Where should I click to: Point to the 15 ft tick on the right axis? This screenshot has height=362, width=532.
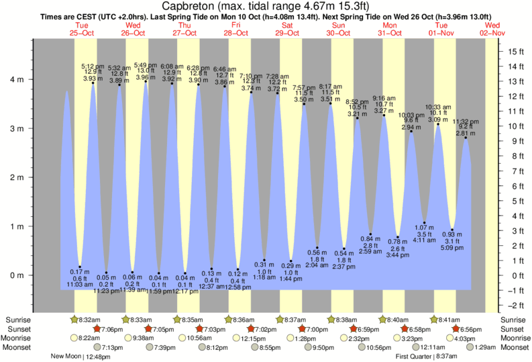tap(515, 52)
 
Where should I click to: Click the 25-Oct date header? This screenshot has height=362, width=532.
tap(81, 32)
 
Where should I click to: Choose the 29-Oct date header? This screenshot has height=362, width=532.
tap(287, 32)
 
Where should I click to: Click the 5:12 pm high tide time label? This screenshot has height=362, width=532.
tap(91, 66)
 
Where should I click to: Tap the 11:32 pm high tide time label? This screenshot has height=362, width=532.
tap(466, 122)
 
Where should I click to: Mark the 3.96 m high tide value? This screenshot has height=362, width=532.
tap(146, 77)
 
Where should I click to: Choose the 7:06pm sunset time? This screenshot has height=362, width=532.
tap(111, 328)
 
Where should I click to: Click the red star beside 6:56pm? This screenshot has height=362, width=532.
tap(456, 328)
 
